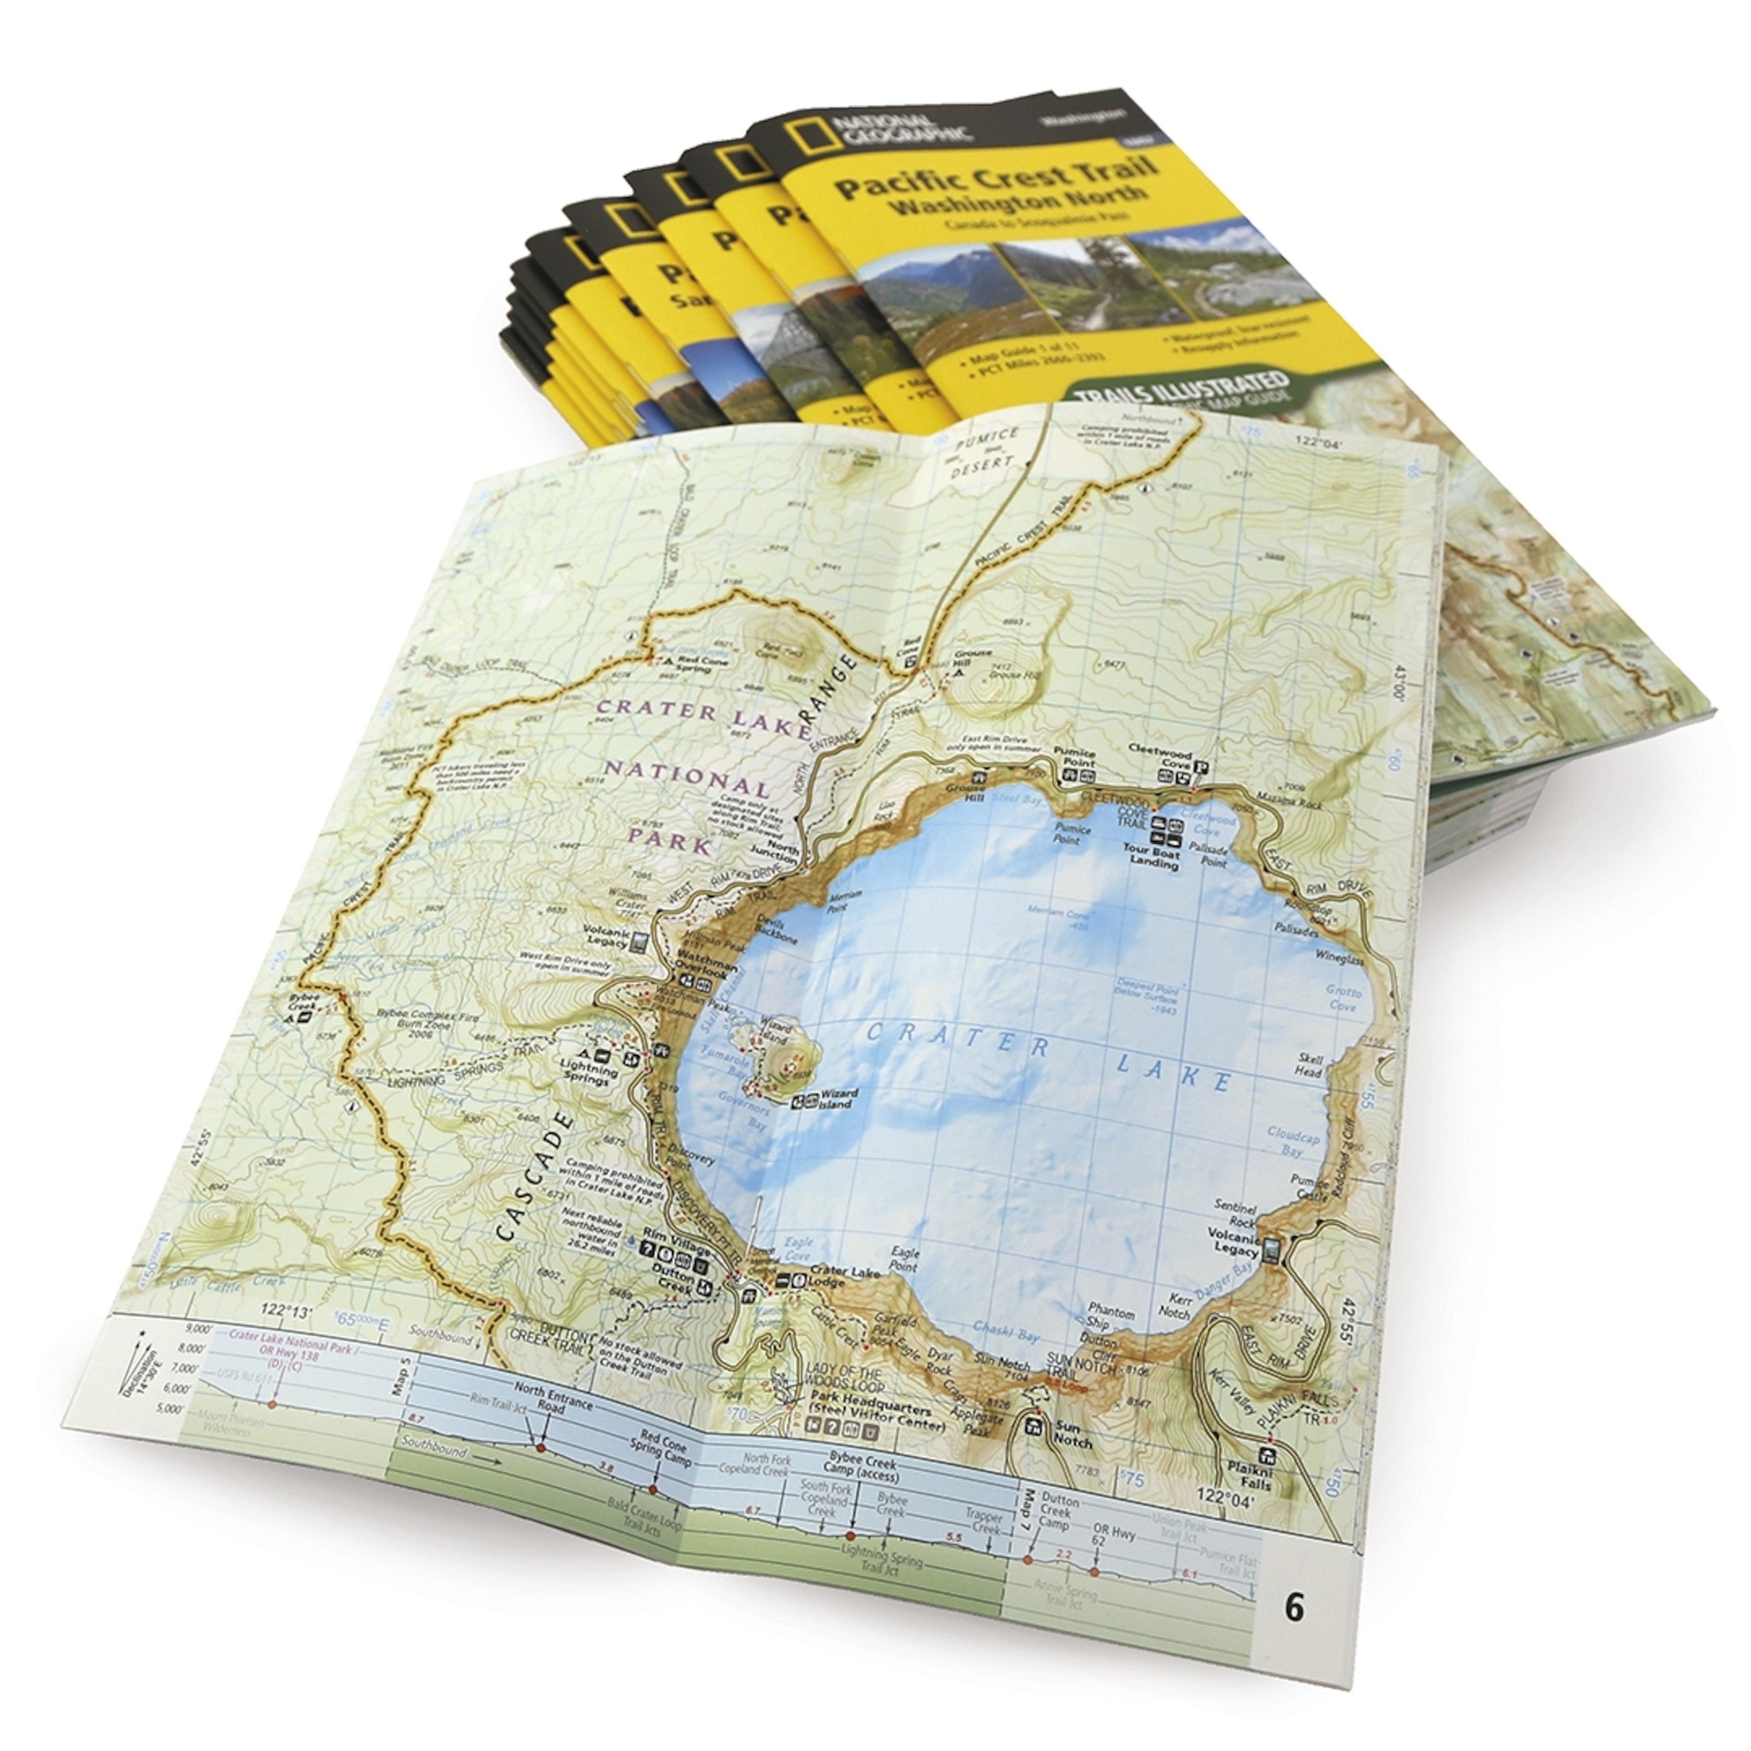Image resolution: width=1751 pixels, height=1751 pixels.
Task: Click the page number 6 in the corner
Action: [x=1294, y=1609]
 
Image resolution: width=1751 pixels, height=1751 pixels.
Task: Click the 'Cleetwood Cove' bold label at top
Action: [x=1158, y=755]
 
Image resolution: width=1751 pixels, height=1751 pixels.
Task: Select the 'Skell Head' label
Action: [x=1310, y=1065]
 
